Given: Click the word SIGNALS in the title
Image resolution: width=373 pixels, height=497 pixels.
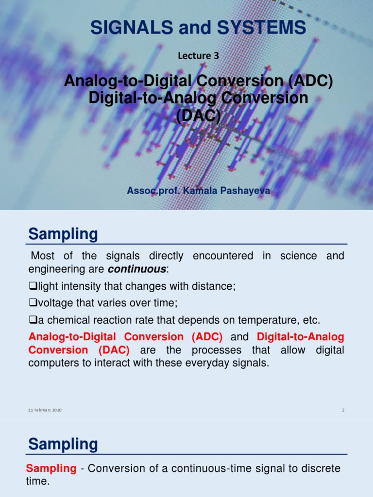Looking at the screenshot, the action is point(132,27).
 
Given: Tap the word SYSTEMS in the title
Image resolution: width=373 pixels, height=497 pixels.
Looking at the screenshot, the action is point(261,27).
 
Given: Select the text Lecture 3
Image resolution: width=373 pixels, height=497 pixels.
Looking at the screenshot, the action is point(198,56).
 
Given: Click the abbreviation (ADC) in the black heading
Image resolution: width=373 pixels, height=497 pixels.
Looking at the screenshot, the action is point(310,81).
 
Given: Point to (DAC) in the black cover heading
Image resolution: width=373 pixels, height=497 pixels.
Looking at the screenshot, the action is point(198,115).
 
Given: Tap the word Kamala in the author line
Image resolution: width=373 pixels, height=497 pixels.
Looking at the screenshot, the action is point(200,191).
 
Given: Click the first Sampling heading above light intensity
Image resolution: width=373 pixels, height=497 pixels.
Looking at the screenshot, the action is point(63,234).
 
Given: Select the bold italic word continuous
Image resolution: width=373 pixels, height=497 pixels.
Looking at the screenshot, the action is point(136,269).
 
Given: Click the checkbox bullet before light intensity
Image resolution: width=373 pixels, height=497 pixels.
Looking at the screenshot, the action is point(33,286).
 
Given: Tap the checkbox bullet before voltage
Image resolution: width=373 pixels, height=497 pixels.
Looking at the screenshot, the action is point(33,303).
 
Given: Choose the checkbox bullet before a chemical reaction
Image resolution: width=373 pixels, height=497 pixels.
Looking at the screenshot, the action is point(33,320).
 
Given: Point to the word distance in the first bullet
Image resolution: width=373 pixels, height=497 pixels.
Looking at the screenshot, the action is point(215,286).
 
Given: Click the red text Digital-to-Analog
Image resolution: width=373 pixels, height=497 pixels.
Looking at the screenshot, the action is point(300,337).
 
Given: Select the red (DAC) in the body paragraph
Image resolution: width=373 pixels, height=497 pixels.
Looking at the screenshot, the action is point(114,350).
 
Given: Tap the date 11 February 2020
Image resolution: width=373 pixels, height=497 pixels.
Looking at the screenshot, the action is point(45,410).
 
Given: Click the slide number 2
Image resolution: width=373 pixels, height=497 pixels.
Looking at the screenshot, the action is point(343,410).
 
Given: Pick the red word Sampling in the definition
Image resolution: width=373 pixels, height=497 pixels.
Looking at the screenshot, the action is point(51,468).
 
